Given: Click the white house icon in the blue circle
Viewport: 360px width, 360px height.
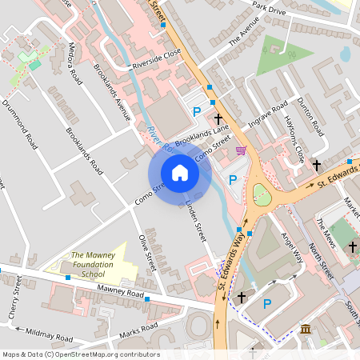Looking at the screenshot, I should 180,173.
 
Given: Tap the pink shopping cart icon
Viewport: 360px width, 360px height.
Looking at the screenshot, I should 240,150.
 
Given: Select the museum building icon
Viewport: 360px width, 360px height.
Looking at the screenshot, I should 306,329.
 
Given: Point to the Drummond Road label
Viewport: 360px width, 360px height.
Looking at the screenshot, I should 20,125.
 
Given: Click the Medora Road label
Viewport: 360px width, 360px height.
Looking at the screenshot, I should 77,64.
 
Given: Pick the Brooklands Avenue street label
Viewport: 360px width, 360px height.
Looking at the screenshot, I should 111,93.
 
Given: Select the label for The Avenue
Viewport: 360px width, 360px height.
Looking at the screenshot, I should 245,34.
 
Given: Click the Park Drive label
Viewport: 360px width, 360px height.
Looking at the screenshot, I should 268,8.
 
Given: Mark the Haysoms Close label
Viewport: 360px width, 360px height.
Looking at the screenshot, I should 294,136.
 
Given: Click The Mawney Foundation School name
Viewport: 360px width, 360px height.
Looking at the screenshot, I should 88,264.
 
